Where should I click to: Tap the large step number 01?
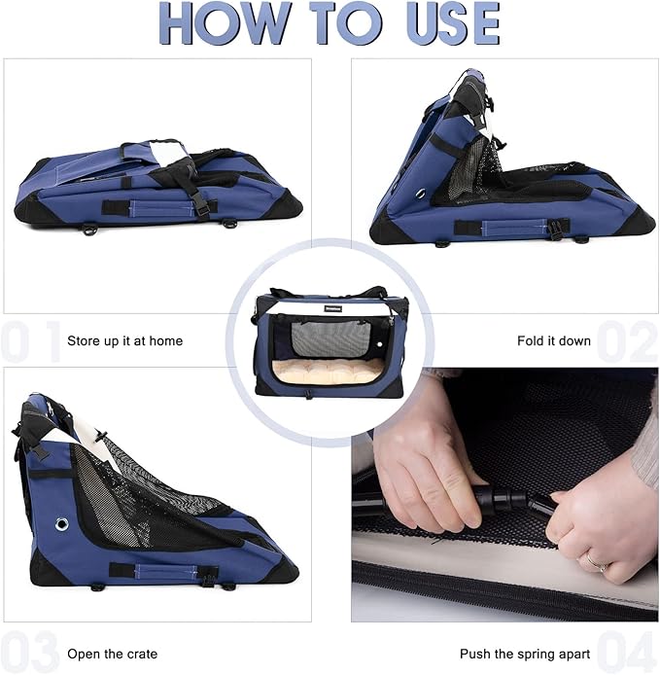29,341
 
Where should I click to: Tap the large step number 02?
628,341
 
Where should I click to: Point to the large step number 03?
29,652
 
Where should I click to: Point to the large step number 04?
628,652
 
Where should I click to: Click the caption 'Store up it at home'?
124,341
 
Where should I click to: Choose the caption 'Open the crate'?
112,654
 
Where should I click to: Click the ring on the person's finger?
592,561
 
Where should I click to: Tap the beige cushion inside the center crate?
330,372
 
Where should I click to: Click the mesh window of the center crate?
331,337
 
